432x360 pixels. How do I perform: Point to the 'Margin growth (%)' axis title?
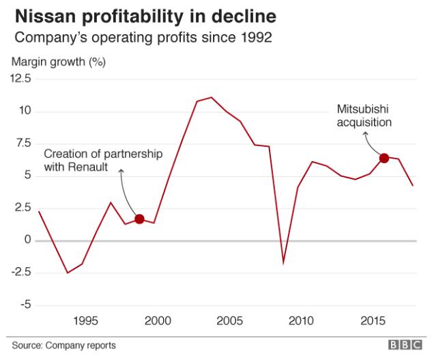coord(57,62)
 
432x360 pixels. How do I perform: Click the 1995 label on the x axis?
coord(85,320)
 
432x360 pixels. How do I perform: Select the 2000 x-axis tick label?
coord(157,320)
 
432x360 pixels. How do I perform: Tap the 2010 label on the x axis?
coord(300,320)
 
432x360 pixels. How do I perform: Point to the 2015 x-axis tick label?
coord(371,320)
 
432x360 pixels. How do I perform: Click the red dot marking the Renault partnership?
coord(139,219)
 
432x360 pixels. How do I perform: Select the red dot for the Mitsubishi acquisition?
coord(384,158)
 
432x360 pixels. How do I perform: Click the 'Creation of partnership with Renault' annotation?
coord(103,161)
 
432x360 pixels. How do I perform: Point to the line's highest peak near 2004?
coord(212,98)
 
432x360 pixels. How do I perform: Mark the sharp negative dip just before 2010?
coord(283,262)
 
